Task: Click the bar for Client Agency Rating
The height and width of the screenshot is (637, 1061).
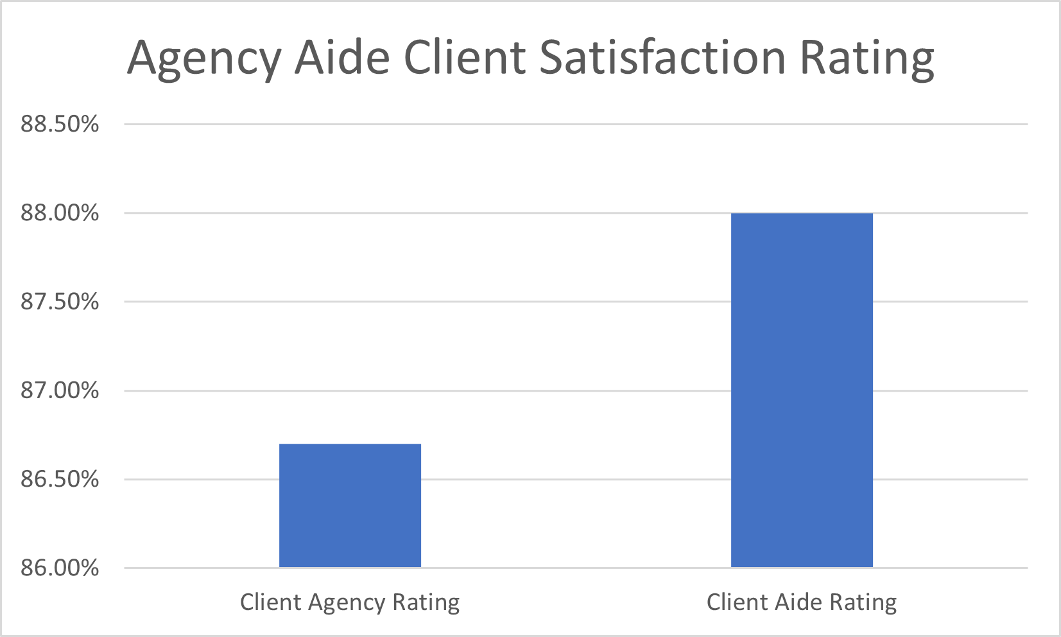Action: [x=350, y=505]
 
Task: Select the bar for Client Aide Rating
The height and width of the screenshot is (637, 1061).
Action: [x=802, y=390]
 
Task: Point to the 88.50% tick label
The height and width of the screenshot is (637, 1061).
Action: [x=60, y=124]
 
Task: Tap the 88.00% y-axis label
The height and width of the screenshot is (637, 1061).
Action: [x=60, y=213]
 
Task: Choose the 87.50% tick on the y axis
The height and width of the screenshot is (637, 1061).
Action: [x=60, y=301]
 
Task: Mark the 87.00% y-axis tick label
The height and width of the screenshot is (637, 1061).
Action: [x=60, y=390]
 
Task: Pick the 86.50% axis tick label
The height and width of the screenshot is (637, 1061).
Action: [x=60, y=479]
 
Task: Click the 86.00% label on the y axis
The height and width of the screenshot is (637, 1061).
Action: [x=60, y=568]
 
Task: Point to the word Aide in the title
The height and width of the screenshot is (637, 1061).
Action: [x=342, y=58]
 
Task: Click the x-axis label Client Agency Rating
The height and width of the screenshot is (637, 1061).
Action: [x=350, y=603]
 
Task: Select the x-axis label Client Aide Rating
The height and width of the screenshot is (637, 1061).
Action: [x=802, y=602]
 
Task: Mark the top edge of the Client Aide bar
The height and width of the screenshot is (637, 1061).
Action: [x=802, y=214]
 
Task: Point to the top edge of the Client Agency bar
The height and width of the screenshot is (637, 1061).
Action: [x=350, y=444]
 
